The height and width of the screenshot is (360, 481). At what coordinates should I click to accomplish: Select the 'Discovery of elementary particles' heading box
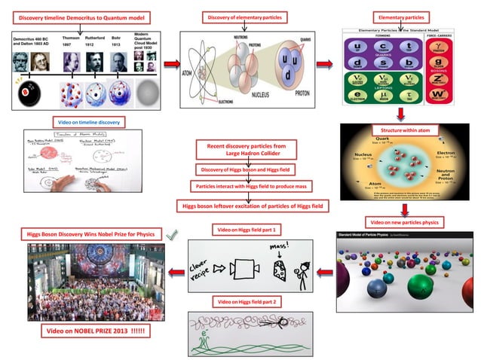[x=244, y=16]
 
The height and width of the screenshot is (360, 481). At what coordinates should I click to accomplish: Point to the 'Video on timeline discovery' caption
[x=89, y=121]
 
